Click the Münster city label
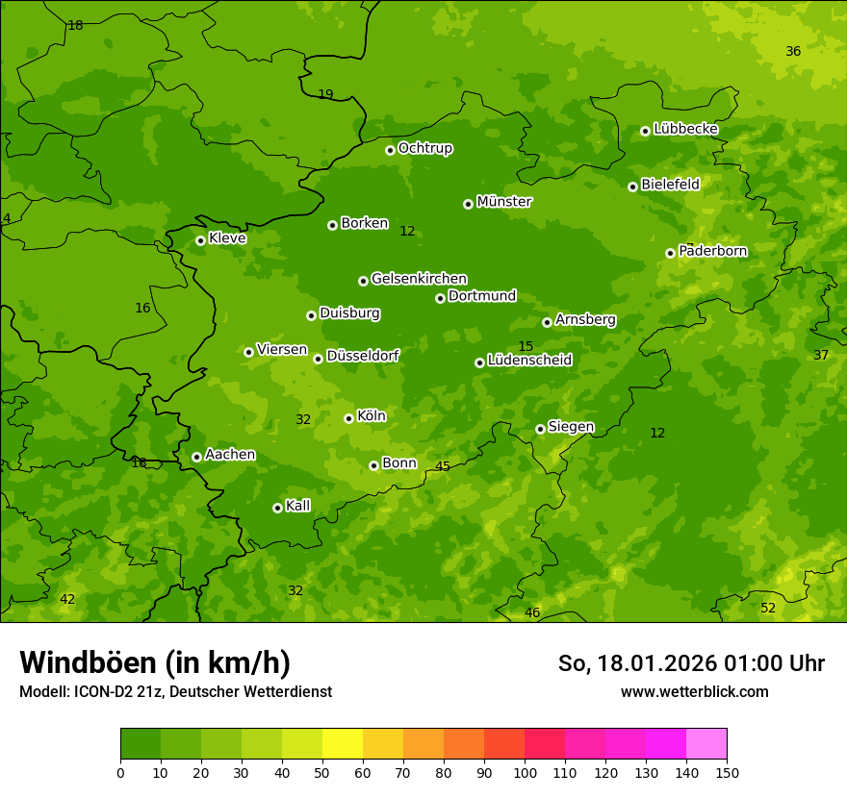pyautogui.click(x=504, y=202)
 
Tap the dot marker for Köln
pyautogui.click(x=348, y=418)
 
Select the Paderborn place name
pyautogui.click(x=713, y=251)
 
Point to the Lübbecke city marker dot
pyautogui.click(x=645, y=131)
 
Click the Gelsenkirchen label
pyautogui.click(x=419, y=279)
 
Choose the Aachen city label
pyautogui.click(x=230, y=455)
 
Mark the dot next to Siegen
pyautogui.click(x=540, y=429)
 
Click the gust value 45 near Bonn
pyautogui.click(x=443, y=466)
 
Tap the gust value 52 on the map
pyautogui.click(x=768, y=608)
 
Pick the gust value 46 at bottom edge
pyautogui.click(x=532, y=612)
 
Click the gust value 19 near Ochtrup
pyautogui.click(x=325, y=94)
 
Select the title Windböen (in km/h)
pyautogui.click(x=155, y=662)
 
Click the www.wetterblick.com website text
pyautogui.click(x=695, y=691)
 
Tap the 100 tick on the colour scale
pyautogui.click(x=525, y=772)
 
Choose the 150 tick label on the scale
pyautogui.click(x=727, y=772)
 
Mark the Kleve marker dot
pyautogui.click(x=200, y=240)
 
